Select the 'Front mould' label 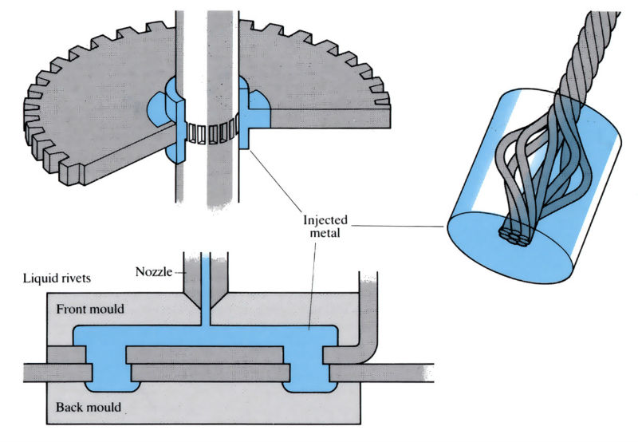91,310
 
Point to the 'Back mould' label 88,408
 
